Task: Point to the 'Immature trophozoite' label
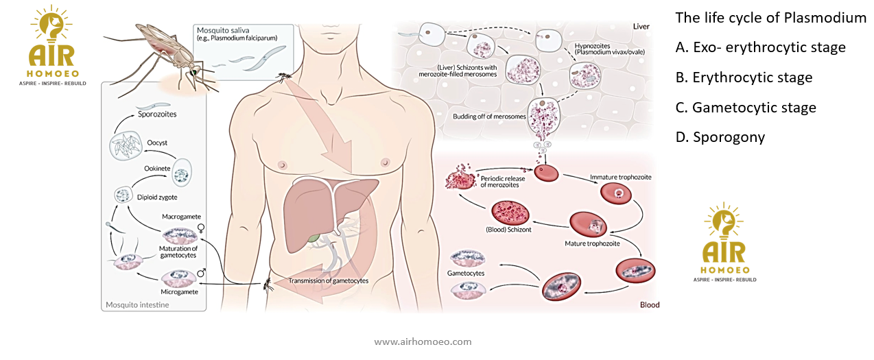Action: pos(621,177)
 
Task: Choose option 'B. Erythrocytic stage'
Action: pos(744,77)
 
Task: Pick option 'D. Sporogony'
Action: pos(720,137)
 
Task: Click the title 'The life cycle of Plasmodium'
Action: pos(770,18)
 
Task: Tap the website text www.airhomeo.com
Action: pos(423,341)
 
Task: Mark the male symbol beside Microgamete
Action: pos(201,273)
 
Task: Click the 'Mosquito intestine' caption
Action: pos(138,304)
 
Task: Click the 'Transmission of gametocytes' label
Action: pos(328,281)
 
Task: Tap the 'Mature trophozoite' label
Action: pos(593,243)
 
